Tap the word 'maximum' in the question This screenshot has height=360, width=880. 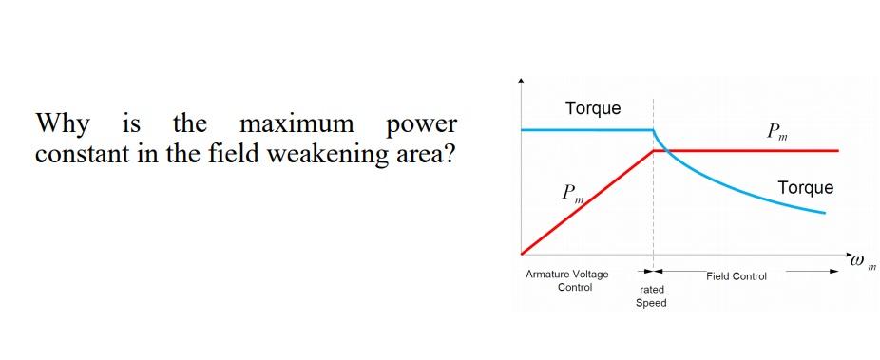297,124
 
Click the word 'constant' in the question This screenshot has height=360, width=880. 81,154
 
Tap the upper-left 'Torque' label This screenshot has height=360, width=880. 593,108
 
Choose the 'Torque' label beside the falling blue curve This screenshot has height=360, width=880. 805,188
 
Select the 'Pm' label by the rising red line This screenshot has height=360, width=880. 572,194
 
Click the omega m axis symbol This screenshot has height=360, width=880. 861,259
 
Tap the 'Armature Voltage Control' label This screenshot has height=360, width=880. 567,280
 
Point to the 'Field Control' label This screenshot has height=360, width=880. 737,276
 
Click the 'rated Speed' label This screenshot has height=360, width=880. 652,295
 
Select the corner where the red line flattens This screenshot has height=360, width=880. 653,150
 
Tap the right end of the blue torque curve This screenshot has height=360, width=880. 824,213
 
